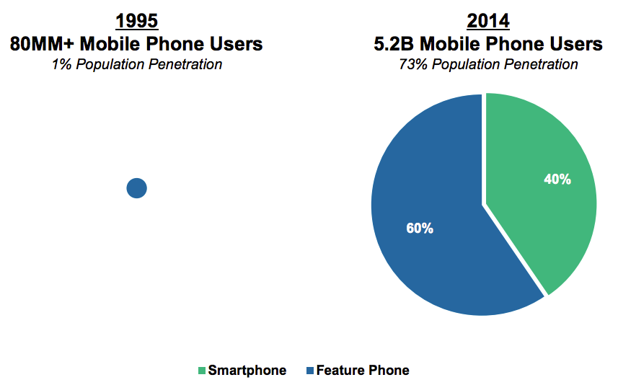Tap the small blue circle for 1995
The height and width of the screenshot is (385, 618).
click(x=137, y=188)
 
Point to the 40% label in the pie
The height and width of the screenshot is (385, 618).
click(x=557, y=180)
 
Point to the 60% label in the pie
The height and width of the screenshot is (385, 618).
click(x=420, y=229)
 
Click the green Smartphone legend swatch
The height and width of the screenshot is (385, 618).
click(x=202, y=371)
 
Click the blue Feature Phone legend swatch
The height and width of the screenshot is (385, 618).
click(x=310, y=371)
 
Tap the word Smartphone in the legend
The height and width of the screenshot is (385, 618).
click(x=247, y=371)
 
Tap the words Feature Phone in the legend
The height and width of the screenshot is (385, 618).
click(x=363, y=371)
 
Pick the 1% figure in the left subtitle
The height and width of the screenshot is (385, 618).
click(x=61, y=64)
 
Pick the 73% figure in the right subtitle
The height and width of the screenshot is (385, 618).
click(x=412, y=64)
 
